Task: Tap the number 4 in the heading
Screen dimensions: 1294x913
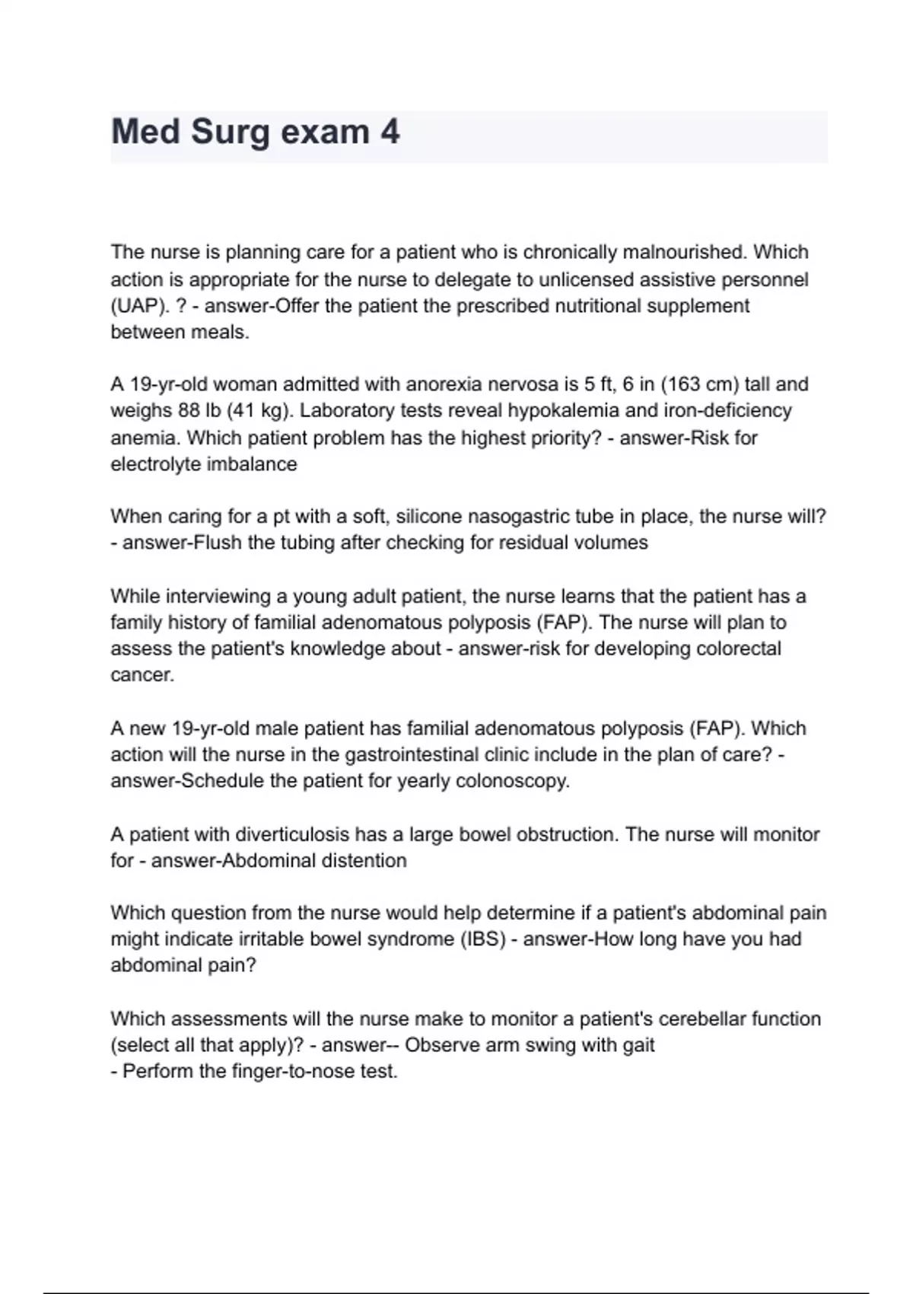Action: [390, 132]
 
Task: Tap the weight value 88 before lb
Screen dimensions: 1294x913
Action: [189, 411]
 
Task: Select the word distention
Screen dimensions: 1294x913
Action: [364, 861]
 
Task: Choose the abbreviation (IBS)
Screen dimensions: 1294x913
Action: [482, 939]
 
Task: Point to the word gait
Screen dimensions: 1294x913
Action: [638, 1045]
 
